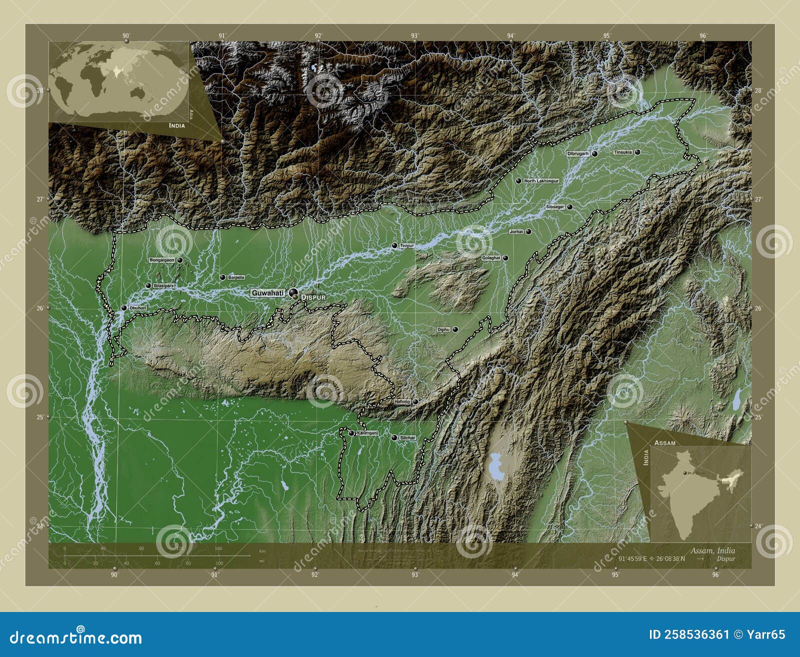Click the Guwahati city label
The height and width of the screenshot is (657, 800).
click(x=267, y=293)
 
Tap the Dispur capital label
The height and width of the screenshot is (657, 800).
click(x=313, y=297)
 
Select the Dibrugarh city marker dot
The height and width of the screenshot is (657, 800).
click(x=595, y=154)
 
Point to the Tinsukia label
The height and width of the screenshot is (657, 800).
click(x=623, y=152)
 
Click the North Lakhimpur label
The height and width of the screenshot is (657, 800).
click(x=541, y=181)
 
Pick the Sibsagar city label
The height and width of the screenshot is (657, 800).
click(x=555, y=206)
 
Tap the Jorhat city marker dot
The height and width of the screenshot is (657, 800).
click(x=528, y=231)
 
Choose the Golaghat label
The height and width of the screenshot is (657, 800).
click(x=491, y=258)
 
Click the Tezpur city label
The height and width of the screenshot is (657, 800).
click(x=407, y=245)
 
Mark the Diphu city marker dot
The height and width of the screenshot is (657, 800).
click(x=455, y=329)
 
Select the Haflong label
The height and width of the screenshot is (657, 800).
click(x=402, y=401)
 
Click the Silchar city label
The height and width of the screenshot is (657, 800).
click(x=407, y=437)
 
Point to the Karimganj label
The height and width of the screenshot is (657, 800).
click(x=367, y=433)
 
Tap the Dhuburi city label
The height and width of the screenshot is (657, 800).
click(x=137, y=308)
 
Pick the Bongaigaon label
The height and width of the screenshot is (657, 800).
click(x=162, y=260)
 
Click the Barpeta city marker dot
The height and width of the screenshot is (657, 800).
click(x=223, y=277)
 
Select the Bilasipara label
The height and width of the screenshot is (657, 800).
click(x=164, y=285)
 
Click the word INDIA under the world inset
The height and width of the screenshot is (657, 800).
click(x=176, y=125)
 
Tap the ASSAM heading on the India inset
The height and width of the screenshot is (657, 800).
click(x=664, y=443)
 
